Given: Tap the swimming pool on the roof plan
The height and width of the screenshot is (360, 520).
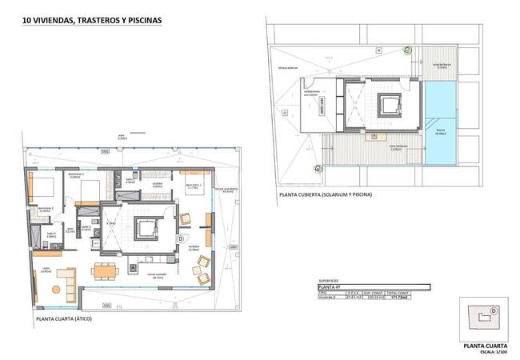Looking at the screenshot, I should point(439,120).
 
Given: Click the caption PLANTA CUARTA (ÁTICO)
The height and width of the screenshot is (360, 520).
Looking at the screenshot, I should point(64,319).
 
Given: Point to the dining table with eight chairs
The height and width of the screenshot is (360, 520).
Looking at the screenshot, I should point(105,270).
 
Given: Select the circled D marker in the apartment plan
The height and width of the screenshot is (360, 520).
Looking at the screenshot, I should point(180,238).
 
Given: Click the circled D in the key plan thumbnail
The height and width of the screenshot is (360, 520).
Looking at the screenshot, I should point(493,310).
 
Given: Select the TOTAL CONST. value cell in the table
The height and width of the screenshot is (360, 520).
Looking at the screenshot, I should point(415,298).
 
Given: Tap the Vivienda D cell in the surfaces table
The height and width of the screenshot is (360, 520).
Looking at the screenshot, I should point(330,298).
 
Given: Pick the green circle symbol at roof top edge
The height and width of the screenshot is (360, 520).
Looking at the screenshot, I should point(406,50).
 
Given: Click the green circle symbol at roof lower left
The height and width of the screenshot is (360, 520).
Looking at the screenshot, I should point(318,168).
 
